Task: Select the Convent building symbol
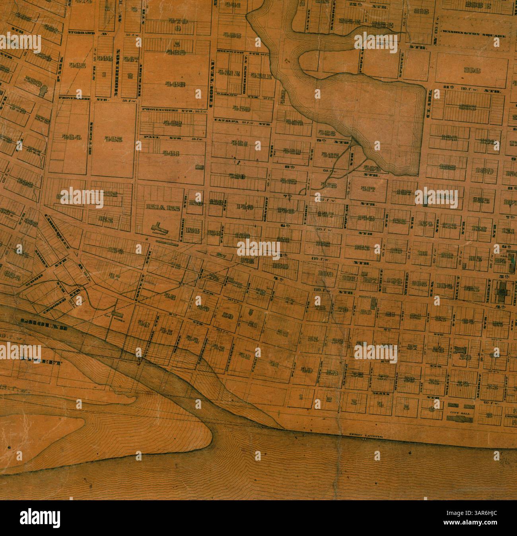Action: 159,228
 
